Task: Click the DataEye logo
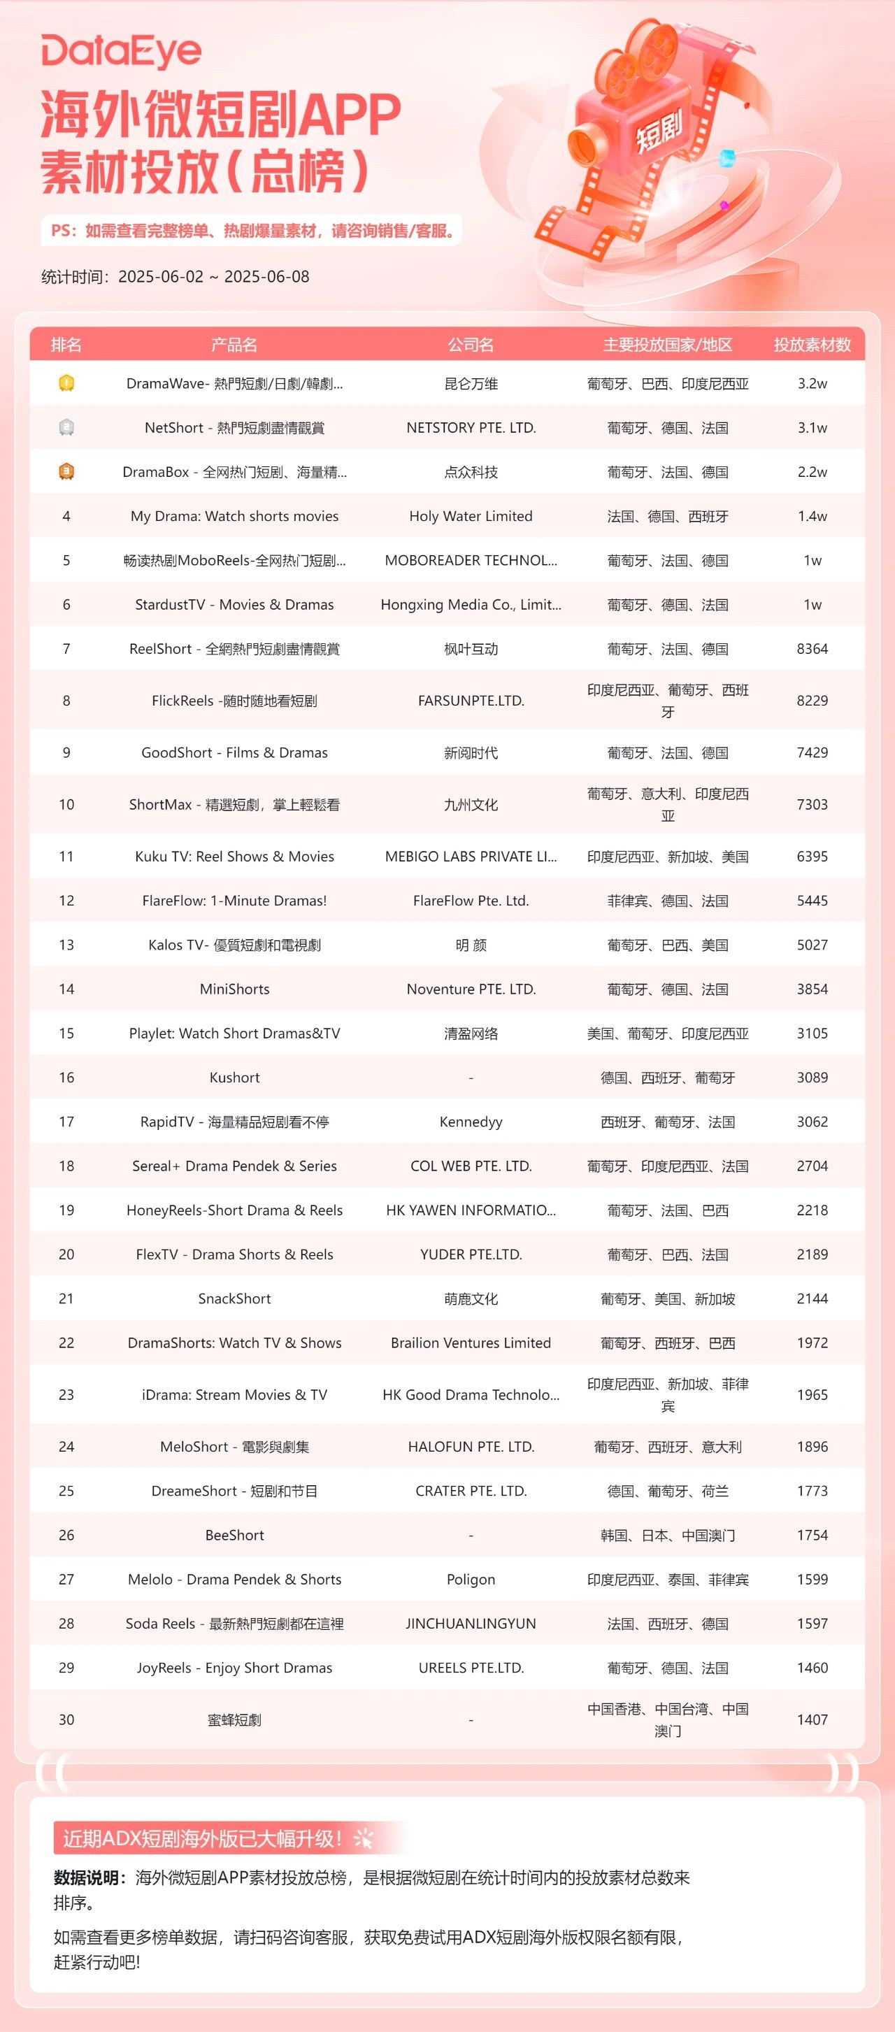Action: [x=121, y=52]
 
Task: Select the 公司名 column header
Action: [x=471, y=345]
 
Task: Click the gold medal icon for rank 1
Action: [x=66, y=383]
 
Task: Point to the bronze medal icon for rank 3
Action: [x=66, y=472]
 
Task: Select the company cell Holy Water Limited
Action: [x=471, y=516]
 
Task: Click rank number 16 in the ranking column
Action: [x=66, y=1078]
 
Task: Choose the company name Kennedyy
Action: [x=471, y=1122]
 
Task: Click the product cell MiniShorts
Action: [x=234, y=989]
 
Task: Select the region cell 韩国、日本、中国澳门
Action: [x=667, y=1535]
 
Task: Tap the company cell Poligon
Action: [x=471, y=1579]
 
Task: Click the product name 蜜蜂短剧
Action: [x=234, y=1719]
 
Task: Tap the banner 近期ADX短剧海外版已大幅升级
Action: [x=202, y=1839]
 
